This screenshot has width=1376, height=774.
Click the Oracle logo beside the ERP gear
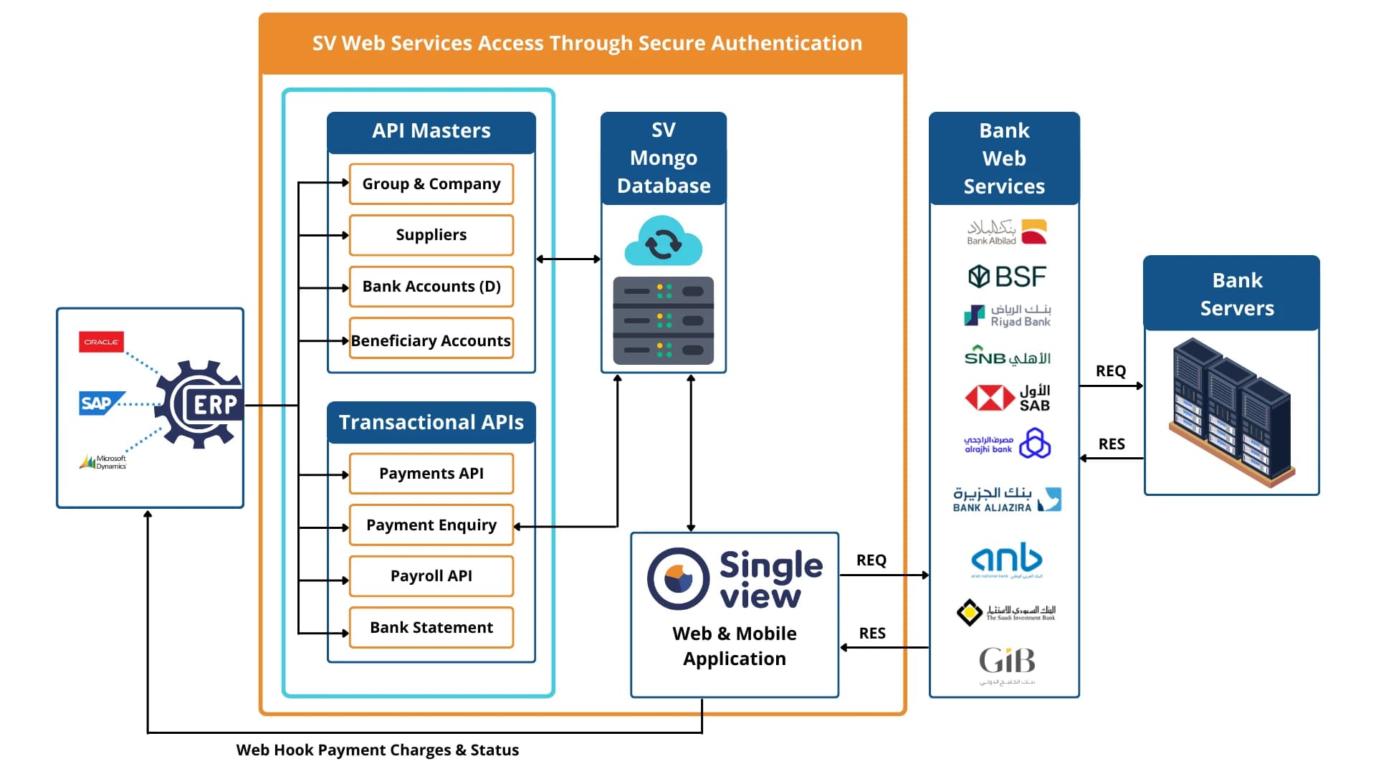click(x=101, y=342)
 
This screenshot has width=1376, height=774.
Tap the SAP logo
click(x=100, y=403)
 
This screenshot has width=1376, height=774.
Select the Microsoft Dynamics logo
click(x=103, y=462)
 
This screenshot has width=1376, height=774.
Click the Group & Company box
click(x=431, y=184)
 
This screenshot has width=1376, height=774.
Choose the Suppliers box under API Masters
click(x=431, y=235)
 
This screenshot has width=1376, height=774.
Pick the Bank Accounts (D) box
click(x=431, y=287)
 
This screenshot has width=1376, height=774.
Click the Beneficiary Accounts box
click(x=431, y=340)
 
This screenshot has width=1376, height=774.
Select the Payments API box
click(x=431, y=474)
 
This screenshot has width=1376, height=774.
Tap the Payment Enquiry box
click(x=431, y=525)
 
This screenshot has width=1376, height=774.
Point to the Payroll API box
click(x=431, y=576)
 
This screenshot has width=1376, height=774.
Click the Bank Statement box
click(x=431, y=628)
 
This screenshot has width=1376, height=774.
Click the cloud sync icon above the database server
click(x=663, y=242)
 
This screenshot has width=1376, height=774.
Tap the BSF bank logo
click(x=1007, y=277)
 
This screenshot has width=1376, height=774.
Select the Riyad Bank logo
click(x=1007, y=315)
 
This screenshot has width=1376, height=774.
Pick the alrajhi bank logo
click(x=1007, y=444)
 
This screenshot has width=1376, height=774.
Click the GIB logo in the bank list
click(x=1007, y=662)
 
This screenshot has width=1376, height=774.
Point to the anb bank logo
click(x=1007, y=559)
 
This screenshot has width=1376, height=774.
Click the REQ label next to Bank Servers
click(x=1111, y=371)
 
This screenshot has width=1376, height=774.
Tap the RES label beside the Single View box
click(x=872, y=634)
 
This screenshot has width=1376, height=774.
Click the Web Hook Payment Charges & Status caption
click(x=378, y=750)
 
